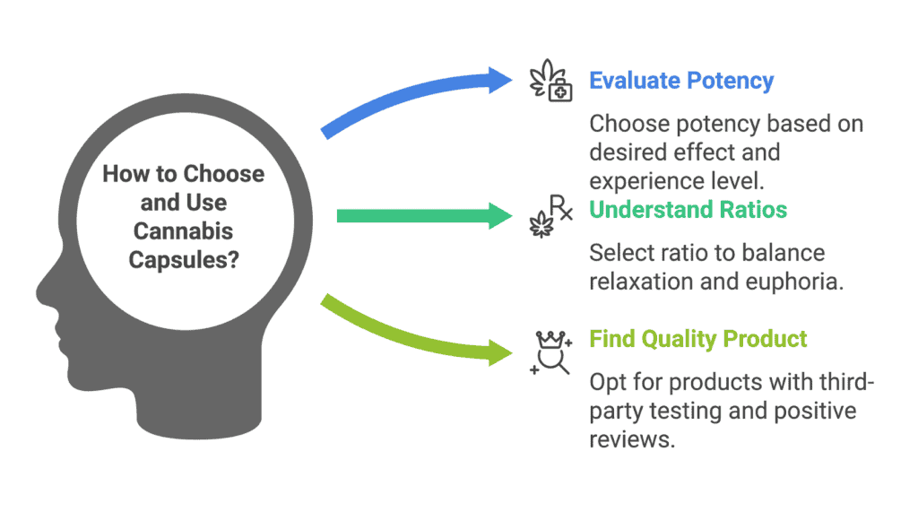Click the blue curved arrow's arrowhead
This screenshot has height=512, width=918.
(499, 81)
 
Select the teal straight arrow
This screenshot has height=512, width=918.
(424, 216)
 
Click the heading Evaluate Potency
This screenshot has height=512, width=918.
(681, 81)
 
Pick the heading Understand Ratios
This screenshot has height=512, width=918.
(688, 209)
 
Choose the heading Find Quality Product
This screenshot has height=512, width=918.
(697, 339)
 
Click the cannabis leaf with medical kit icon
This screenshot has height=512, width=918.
(550, 81)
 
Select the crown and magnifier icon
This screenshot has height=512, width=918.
(550, 352)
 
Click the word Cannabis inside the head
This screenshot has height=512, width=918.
(183, 230)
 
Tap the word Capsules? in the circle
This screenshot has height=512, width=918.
(184, 259)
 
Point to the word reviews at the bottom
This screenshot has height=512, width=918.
(632, 439)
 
